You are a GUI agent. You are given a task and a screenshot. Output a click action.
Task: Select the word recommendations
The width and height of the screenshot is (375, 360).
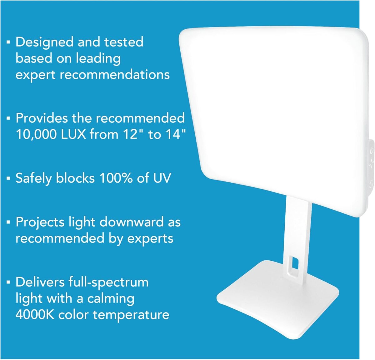(115, 75)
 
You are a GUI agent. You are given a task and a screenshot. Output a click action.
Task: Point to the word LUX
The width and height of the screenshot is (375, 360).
(73, 134)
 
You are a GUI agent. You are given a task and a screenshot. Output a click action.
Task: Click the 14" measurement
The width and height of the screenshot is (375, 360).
(175, 134)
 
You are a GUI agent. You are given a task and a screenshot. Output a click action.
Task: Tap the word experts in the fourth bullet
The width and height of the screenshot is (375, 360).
(150, 239)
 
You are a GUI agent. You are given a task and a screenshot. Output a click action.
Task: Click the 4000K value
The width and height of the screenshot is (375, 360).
(35, 315)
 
